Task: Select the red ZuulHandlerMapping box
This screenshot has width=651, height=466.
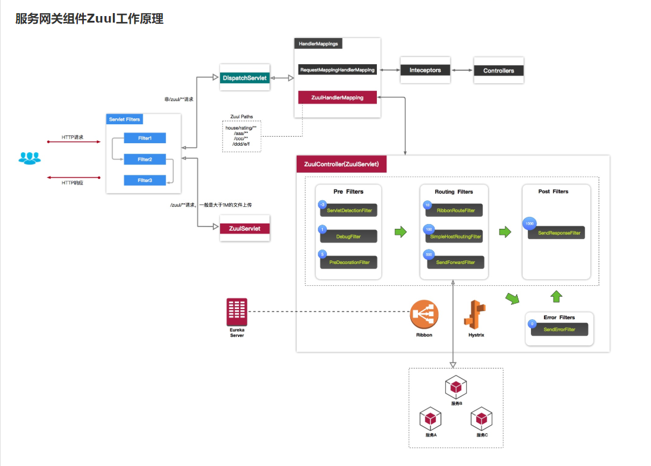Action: click(337, 97)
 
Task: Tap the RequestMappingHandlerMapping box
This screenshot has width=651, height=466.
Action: click(337, 70)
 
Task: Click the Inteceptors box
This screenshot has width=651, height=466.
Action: click(425, 70)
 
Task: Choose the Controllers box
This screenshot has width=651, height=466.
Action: click(498, 71)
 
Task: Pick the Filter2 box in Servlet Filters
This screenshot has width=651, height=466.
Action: click(144, 159)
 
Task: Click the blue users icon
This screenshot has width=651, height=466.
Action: click(30, 158)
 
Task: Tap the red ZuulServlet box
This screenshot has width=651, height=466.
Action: click(245, 228)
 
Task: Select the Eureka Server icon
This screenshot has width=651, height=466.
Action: click(237, 312)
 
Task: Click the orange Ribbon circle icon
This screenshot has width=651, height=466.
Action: click(424, 314)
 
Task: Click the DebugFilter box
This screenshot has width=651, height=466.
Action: click(348, 237)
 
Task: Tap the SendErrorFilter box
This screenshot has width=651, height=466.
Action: click(559, 329)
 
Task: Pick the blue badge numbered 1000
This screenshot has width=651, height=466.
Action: click(529, 224)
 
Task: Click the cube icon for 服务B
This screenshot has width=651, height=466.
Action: click(456, 388)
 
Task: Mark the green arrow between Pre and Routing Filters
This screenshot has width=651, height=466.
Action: click(401, 232)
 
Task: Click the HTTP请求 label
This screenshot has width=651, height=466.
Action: click(73, 137)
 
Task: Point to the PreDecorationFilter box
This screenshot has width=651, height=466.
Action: click(348, 262)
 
